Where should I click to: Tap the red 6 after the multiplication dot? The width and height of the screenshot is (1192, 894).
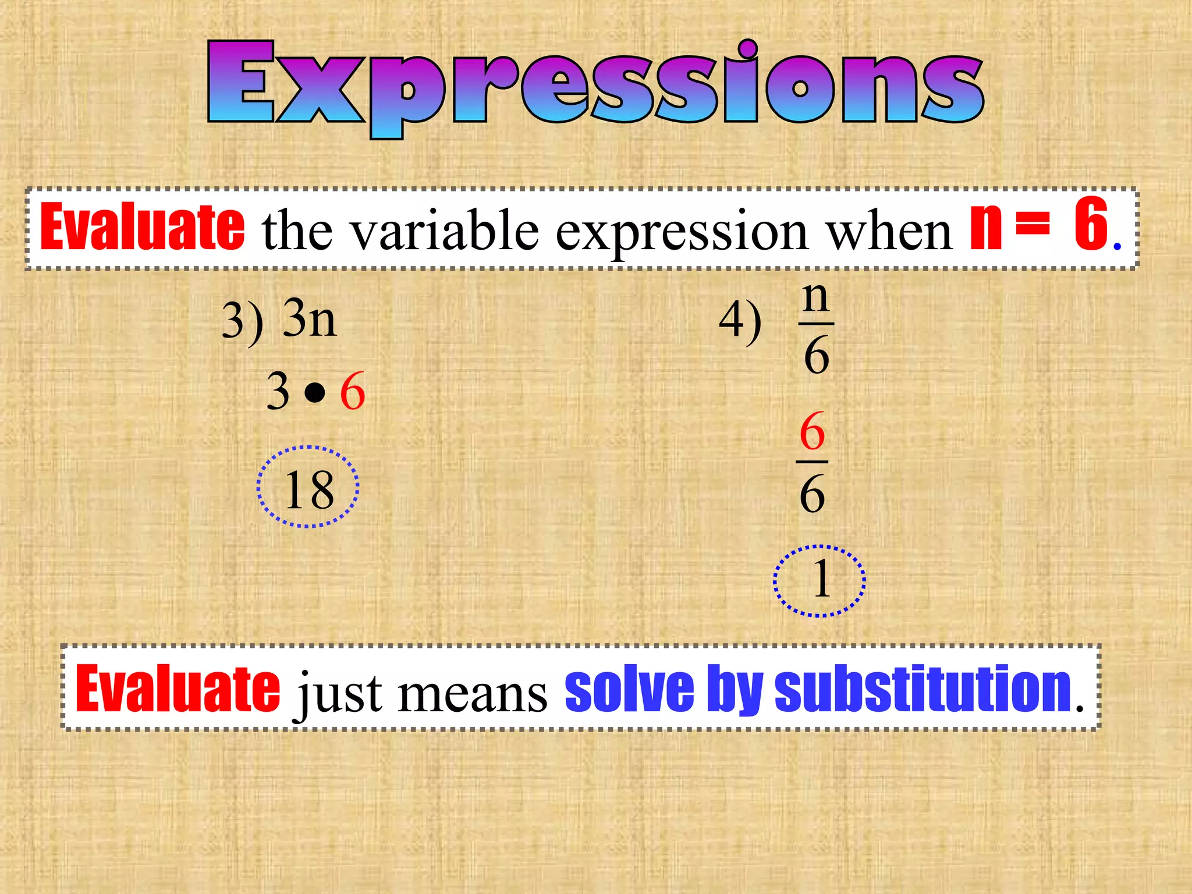(x=352, y=392)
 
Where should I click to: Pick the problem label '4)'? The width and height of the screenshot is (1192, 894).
(x=740, y=321)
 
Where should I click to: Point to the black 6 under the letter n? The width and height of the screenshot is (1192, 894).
(x=817, y=355)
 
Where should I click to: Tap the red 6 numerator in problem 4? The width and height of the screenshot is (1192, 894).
(x=813, y=431)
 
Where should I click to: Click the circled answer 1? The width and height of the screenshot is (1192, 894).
(x=821, y=580)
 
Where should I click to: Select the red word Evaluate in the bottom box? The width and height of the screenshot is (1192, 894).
(x=178, y=689)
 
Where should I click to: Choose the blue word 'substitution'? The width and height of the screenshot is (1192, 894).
(x=923, y=689)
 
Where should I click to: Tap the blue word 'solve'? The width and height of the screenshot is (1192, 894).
(x=629, y=690)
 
